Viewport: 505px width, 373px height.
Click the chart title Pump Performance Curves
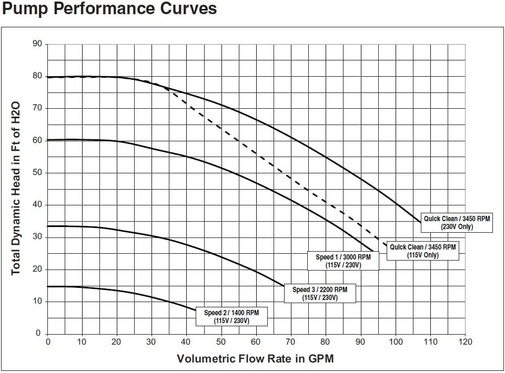point(109,9)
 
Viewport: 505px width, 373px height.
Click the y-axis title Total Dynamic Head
point(16,188)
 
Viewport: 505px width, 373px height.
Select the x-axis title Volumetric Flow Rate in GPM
point(255,359)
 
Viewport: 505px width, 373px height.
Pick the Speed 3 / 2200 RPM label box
point(320,293)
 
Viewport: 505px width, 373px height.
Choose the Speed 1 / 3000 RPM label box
point(343,261)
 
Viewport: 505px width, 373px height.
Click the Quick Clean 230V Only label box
point(457,223)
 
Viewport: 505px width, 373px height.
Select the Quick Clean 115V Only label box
point(422,251)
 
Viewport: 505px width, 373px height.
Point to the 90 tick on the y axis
point(37,44)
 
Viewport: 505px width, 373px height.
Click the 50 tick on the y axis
point(37,172)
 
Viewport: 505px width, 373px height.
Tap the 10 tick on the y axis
point(37,302)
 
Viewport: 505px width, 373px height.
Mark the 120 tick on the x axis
point(465,342)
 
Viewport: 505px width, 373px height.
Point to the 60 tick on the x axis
point(256,342)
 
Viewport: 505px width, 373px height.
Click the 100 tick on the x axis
point(396,342)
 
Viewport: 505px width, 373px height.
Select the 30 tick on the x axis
point(152,342)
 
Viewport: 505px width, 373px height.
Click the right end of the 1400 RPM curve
point(196,310)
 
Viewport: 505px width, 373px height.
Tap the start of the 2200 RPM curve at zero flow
point(48,226)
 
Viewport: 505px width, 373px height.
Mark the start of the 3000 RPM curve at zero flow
point(48,140)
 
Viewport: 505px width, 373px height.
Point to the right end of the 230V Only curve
point(421,223)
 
